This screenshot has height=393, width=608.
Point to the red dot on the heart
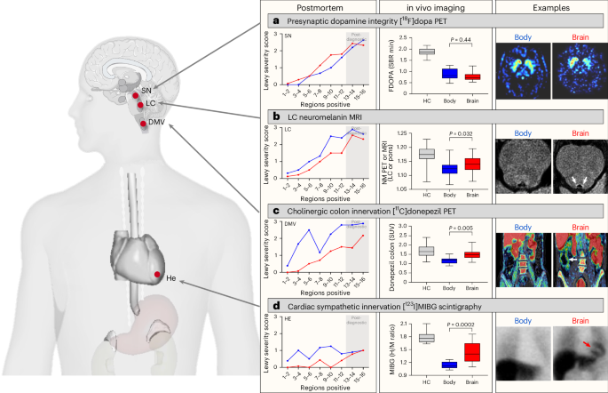point(156,275)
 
